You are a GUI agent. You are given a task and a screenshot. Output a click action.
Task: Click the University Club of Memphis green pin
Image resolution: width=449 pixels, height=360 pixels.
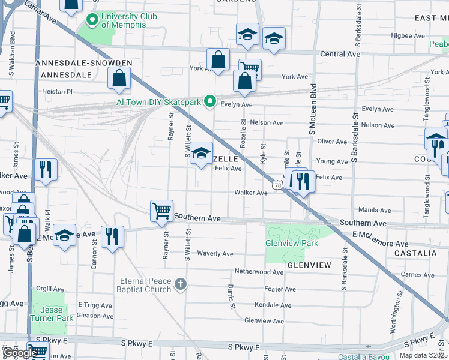pos(93,21)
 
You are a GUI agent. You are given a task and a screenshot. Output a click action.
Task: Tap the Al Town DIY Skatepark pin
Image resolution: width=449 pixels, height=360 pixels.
pos(209,103)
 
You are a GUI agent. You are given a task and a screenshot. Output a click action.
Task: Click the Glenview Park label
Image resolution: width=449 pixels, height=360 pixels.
pos(292,244)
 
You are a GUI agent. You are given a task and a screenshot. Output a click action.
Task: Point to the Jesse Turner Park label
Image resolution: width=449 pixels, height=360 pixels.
pos(52,314)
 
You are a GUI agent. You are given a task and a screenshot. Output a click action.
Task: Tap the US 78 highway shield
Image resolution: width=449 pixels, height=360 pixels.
pos(277,185)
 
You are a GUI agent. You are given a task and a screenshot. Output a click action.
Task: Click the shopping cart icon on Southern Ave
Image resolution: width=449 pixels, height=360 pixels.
pos(161,211)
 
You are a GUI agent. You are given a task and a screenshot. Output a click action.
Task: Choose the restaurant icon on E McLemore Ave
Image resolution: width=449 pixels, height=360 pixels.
pos(112,236)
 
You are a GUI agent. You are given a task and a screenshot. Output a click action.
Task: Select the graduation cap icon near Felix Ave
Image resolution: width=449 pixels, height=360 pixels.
pos(202,153)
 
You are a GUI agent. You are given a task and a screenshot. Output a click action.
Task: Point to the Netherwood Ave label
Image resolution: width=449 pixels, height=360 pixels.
pos(259,272)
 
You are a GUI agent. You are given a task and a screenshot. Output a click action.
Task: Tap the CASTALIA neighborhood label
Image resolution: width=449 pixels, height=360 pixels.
pos(415,253)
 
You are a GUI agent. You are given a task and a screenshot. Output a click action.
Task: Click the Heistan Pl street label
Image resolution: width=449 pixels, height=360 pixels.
pos(57,92)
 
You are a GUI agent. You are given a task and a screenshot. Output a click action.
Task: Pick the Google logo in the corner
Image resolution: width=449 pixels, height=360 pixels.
pos(19,353)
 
